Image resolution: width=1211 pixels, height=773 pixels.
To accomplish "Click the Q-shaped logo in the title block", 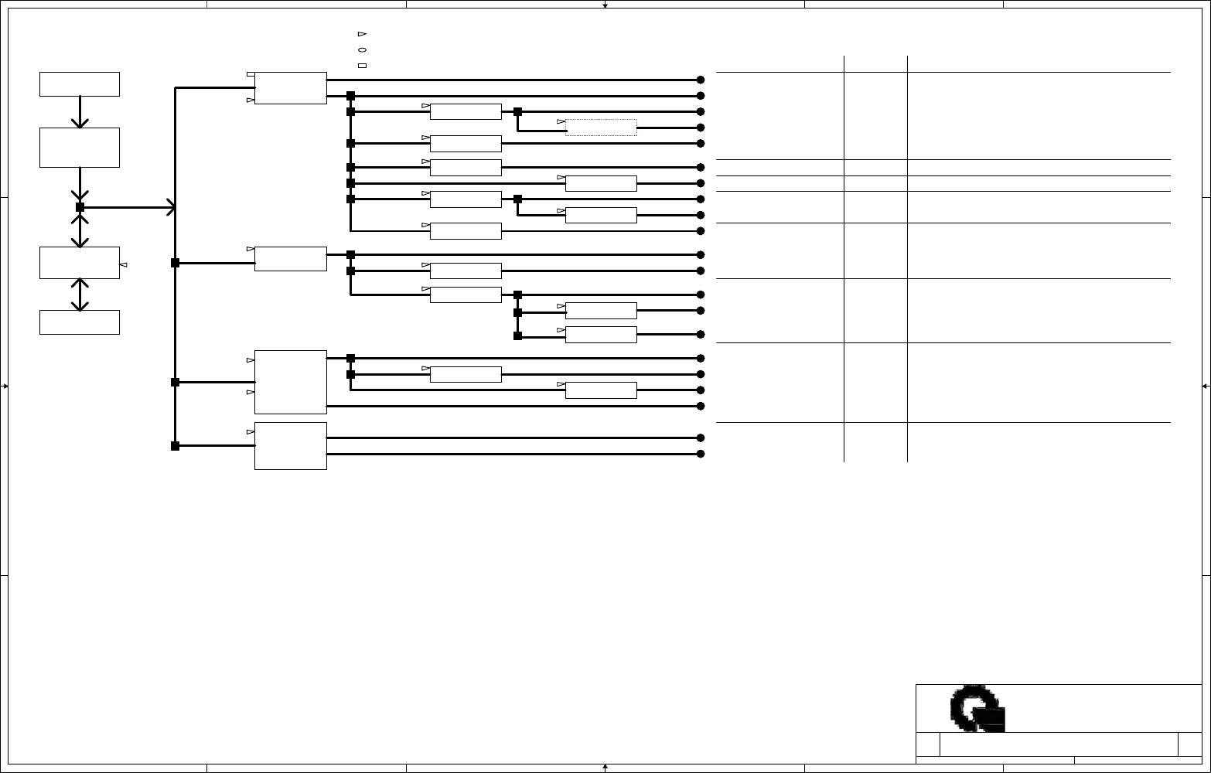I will [977, 708].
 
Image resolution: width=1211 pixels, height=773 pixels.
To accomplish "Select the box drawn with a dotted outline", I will [601, 128].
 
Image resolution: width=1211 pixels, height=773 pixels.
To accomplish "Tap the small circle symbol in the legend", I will [362, 49].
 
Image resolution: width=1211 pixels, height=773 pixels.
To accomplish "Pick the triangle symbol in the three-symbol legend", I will [362, 34].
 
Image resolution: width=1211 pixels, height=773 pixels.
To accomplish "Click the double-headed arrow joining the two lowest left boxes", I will [80, 295].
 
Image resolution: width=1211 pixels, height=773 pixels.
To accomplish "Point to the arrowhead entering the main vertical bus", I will [170, 207].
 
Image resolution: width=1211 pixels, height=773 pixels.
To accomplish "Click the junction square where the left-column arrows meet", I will [80, 207].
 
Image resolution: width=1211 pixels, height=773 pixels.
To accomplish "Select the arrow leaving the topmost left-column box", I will [80, 112].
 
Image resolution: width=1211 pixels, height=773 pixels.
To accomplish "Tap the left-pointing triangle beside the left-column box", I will [123, 265].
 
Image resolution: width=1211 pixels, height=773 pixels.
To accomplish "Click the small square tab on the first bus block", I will [249, 75].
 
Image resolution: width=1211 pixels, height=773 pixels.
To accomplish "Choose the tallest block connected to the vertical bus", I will [290, 382].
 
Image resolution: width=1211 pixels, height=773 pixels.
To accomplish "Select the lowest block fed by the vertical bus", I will [290, 445].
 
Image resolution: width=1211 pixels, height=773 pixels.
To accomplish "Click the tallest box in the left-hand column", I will [80, 147].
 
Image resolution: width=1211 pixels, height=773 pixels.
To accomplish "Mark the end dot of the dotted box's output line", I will [701, 128].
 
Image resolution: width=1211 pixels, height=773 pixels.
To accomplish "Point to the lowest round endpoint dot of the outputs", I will [701, 454].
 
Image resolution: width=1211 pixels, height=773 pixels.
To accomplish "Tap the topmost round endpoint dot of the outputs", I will [701, 80].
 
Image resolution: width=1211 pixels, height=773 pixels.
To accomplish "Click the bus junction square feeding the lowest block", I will [175, 446].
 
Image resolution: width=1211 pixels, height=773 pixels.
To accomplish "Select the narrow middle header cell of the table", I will [875, 63].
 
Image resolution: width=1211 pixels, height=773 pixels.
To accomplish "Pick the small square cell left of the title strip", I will [928, 744].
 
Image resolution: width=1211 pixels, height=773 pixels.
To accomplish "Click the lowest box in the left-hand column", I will [80, 322].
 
